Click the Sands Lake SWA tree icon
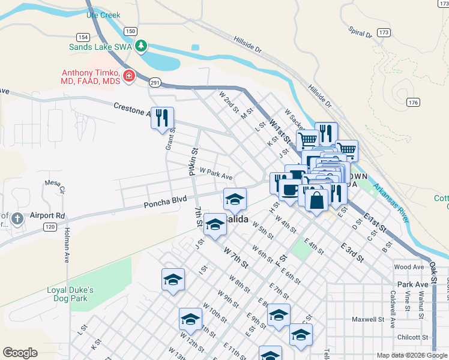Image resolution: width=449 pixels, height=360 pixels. tap(141, 46)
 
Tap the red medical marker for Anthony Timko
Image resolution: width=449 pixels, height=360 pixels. tap(128, 76)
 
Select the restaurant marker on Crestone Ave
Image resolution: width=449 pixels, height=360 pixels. tap(161, 118)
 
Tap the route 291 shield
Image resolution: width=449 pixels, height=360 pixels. tap(155, 83)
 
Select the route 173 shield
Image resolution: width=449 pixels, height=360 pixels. tap(385, 32)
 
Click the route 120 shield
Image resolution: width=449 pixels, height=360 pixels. tap(50, 227)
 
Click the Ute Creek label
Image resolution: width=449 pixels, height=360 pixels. tap(103, 15)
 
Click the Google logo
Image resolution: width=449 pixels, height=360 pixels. tap(20, 353)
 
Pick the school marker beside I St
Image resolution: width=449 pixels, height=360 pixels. tap(173, 280)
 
